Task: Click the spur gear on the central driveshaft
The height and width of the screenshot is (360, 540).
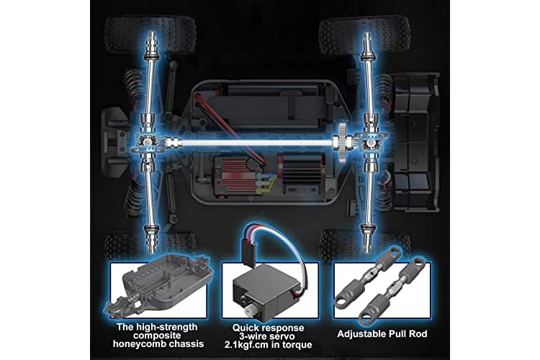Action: point(341,141)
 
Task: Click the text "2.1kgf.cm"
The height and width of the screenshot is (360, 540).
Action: point(246,344)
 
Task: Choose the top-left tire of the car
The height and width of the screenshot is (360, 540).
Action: point(150,34)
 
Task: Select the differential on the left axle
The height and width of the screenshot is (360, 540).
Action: point(148,142)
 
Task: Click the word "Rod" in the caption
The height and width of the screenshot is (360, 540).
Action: point(418,334)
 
